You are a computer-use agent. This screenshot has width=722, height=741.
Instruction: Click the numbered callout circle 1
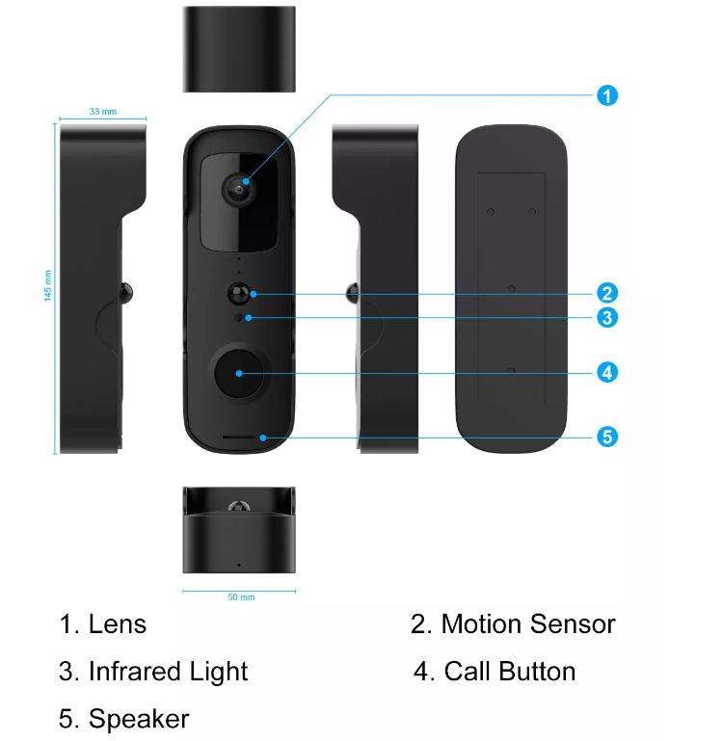(606, 95)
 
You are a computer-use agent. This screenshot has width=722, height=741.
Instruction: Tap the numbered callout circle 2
(606, 293)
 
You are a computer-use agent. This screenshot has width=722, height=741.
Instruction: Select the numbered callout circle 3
(606, 317)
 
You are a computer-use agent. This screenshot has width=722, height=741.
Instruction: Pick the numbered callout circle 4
(606, 372)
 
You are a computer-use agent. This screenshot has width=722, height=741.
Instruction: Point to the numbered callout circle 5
(606, 437)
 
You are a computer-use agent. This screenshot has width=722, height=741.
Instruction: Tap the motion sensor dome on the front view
(238, 293)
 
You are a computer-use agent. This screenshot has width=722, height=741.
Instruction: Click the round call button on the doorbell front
(238, 372)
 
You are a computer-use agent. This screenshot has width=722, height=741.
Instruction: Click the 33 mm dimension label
(102, 112)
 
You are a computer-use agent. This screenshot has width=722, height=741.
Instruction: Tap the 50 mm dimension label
(241, 597)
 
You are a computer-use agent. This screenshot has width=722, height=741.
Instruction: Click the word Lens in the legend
(118, 624)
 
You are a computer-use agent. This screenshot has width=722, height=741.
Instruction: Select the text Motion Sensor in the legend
(527, 624)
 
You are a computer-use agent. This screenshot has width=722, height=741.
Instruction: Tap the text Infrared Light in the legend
(168, 672)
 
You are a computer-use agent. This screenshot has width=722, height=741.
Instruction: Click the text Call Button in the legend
(509, 672)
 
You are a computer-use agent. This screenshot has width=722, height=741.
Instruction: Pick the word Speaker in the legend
(139, 719)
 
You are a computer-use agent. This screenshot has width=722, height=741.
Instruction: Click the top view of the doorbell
(238, 48)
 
